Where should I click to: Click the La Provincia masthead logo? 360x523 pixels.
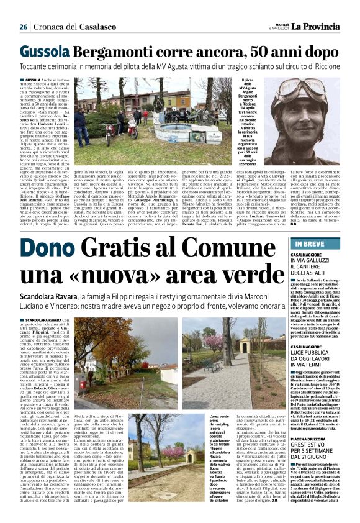click(x=318, y=25)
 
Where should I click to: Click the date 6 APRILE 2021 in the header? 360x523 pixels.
click(x=274, y=29)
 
